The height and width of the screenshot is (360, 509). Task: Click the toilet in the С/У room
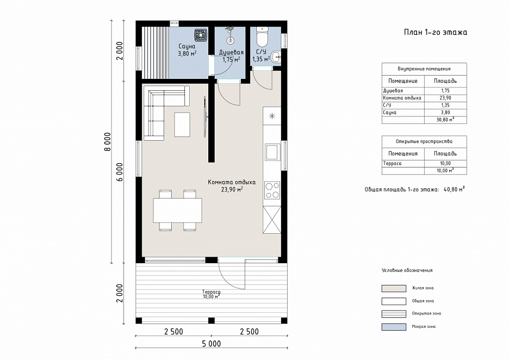click(x=262, y=36)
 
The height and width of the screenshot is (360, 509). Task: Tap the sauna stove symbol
click(x=201, y=35)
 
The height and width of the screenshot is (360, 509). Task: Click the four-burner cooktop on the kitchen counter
click(x=272, y=190)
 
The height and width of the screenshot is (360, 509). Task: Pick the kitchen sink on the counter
click(x=272, y=152)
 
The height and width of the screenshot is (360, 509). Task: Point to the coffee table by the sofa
click(x=182, y=125)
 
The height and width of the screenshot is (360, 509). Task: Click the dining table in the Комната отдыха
click(x=178, y=210)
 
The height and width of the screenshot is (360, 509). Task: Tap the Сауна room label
click(x=187, y=46)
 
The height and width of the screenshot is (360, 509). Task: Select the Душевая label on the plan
click(x=231, y=53)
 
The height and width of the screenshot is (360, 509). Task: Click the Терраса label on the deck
click(x=212, y=292)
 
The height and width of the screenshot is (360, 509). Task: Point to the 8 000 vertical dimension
click(x=108, y=141)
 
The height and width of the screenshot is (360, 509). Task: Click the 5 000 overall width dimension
click(x=212, y=344)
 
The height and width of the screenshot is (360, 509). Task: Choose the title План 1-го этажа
click(x=435, y=32)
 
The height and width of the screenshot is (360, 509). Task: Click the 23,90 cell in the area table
click(x=445, y=98)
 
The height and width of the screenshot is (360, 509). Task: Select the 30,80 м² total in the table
click(x=445, y=120)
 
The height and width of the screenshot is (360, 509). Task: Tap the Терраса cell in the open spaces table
click(x=392, y=163)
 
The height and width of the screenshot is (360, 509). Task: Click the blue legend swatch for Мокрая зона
click(x=394, y=327)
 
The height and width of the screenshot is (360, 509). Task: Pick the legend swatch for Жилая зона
click(x=394, y=288)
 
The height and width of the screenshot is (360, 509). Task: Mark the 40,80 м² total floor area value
click(x=454, y=189)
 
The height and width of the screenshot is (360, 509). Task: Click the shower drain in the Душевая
click(x=230, y=41)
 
